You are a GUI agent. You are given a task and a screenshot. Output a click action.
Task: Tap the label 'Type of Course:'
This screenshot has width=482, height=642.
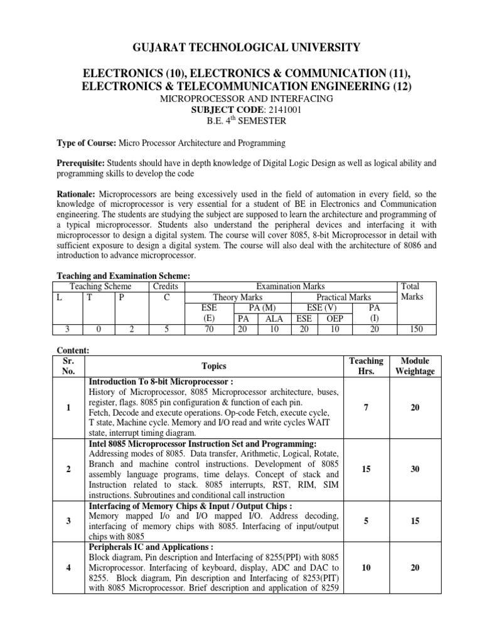(85, 144)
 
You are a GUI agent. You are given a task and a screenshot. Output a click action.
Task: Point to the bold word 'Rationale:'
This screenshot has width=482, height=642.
(76, 195)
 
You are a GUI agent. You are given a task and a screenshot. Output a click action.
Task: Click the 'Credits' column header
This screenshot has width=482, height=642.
(166, 286)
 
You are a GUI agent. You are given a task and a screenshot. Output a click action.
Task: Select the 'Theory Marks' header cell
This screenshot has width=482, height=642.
(238, 297)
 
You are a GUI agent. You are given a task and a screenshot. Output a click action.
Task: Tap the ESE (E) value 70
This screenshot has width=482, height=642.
(209, 329)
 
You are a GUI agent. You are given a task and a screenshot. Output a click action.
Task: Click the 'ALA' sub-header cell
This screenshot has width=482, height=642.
(274, 318)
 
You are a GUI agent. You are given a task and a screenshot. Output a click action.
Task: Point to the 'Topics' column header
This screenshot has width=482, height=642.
(213, 366)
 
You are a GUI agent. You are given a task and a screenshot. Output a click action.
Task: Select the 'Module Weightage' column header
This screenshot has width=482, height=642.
(414, 366)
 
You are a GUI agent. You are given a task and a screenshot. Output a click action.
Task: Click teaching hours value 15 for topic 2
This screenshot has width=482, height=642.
(365, 468)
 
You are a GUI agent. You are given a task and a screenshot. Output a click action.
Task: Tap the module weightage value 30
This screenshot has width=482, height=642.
(414, 468)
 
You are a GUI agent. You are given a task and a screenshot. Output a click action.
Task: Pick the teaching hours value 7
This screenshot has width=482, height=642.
(365, 408)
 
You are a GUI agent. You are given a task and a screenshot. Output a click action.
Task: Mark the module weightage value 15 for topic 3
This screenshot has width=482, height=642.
(414, 520)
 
